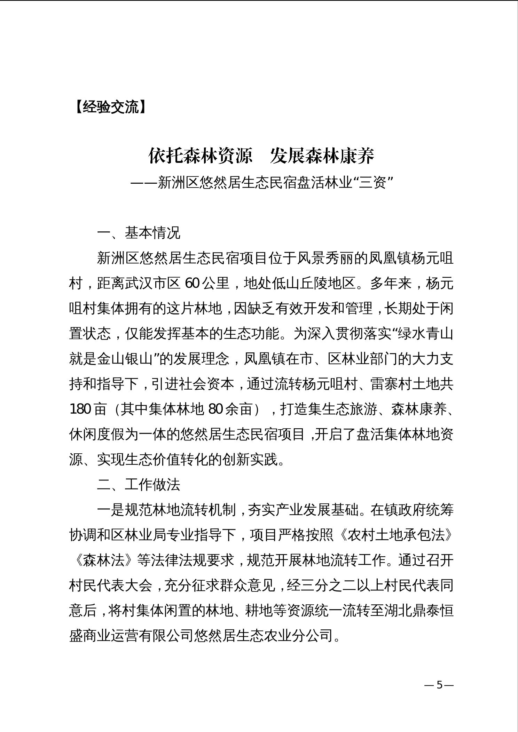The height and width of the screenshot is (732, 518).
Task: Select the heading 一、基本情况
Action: [x=139, y=233]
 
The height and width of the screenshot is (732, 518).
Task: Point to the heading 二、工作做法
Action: [x=139, y=485]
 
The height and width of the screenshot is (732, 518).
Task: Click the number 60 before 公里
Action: [x=192, y=284]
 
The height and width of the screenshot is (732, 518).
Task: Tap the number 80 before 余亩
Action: [x=215, y=409]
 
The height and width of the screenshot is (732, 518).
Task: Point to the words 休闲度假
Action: [x=97, y=435]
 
